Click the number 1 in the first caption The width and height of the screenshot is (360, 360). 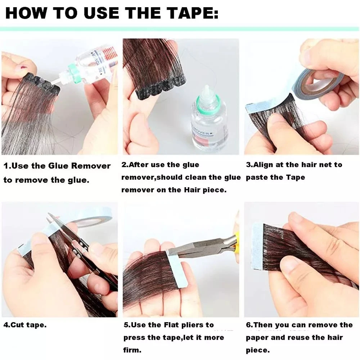click(6, 166)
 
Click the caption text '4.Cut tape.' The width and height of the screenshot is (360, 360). click(25, 325)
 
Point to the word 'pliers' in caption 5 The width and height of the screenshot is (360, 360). click(200, 325)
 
